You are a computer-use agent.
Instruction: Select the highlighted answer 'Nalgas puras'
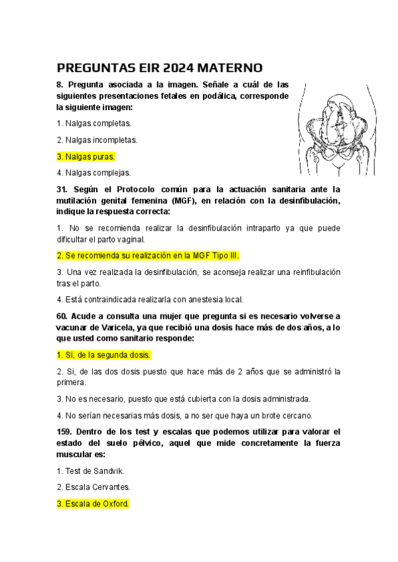tap(86, 157)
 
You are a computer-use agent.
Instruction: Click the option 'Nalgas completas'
tap(94, 123)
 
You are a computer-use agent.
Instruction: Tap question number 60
tap(62, 316)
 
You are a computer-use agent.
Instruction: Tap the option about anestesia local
tap(150, 300)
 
